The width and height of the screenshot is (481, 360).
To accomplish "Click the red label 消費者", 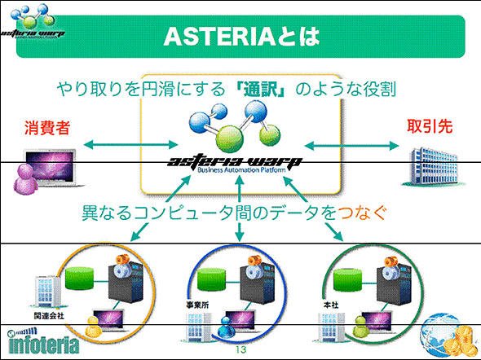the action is [47, 128].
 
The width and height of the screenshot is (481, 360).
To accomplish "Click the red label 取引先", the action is [430, 126].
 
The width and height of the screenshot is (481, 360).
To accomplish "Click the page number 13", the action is [240, 349].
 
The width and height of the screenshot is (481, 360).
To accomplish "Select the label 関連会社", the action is [49, 315].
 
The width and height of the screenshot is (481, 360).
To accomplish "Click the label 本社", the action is [331, 305].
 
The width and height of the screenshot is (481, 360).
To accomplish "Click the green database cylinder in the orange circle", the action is [79, 279].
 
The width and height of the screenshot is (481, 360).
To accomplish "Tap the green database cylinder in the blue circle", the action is [212, 279].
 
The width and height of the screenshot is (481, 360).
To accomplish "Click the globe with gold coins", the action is [449, 335].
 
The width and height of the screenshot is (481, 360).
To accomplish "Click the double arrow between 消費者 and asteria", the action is [130, 144].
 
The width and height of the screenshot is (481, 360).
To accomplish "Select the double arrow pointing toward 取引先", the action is [351, 146].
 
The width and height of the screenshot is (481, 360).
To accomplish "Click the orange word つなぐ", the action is [361, 212].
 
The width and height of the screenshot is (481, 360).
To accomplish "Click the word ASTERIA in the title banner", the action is [220, 37].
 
